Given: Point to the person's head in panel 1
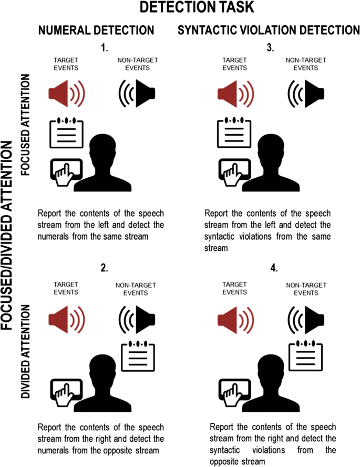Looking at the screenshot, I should [107, 150].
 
